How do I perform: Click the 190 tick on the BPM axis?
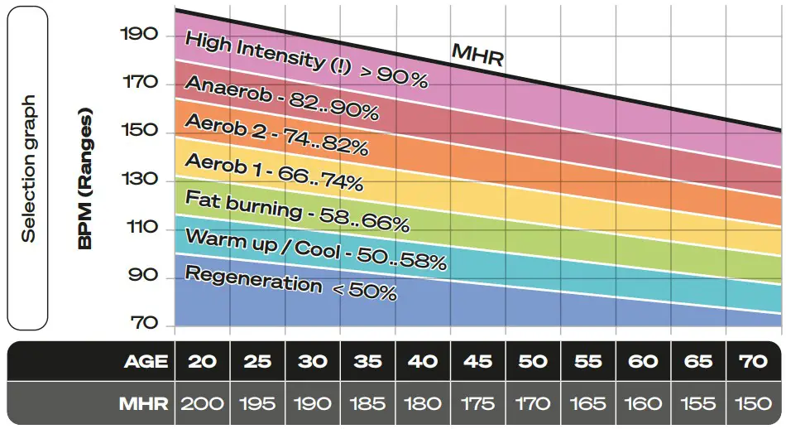(138, 36)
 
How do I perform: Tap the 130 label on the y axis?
(138, 180)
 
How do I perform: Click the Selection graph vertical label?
(29, 170)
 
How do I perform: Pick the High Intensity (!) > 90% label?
(306, 60)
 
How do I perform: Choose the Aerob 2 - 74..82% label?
(276, 134)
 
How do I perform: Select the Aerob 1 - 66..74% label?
(273, 171)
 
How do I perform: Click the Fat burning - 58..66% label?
(297, 210)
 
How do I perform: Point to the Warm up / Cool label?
(315, 248)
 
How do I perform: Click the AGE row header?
(146, 361)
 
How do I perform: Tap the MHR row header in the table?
(144, 405)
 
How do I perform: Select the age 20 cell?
(202, 361)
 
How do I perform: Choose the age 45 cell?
(478, 361)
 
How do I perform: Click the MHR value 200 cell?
(202, 405)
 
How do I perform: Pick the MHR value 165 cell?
(588, 405)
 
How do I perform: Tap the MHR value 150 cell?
(753, 405)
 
